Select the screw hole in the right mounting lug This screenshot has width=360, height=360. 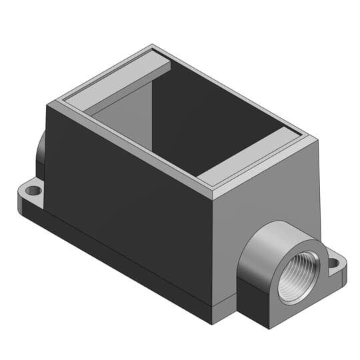(335, 267)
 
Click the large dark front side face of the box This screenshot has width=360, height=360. (127, 193)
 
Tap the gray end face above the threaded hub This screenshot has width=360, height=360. (267, 200)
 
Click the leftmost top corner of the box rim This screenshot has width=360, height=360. (46, 104)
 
